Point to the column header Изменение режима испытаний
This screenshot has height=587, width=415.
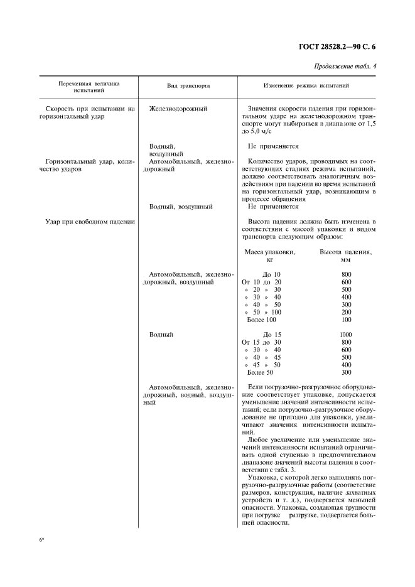click(x=306, y=87)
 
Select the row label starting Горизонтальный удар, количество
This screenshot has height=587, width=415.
click(x=87, y=165)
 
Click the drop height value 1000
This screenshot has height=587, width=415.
click(x=345, y=335)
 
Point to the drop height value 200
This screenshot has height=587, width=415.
click(x=345, y=312)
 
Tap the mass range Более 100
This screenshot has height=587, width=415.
click(x=262, y=320)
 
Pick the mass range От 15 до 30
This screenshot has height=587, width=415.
click(x=262, y=342)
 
